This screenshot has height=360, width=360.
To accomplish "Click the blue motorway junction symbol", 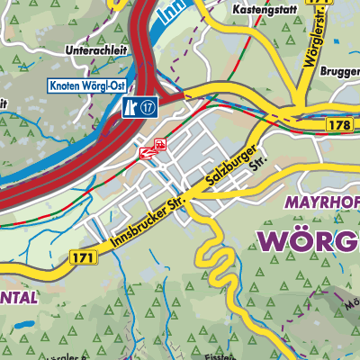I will click(130, 107).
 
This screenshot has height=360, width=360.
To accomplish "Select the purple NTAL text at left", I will click(18, 297).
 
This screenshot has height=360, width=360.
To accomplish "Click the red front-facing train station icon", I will click(159, 143).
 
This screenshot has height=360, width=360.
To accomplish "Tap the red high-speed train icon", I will click(147, 153).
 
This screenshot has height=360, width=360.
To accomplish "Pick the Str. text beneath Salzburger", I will click(259, 166).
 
